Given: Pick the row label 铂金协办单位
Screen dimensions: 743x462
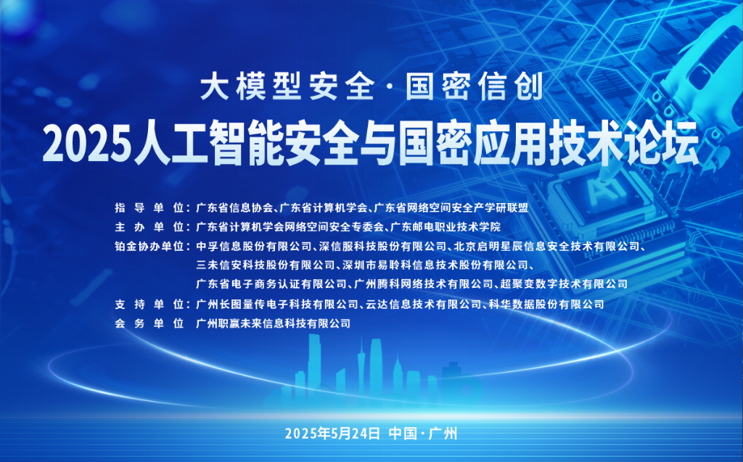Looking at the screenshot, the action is coord(149,247).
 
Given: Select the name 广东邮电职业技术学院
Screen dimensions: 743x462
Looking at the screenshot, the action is coord(445,227).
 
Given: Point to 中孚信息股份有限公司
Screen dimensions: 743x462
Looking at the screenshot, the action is coord(254,247).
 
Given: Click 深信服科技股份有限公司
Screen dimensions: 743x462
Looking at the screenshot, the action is coord(383,247).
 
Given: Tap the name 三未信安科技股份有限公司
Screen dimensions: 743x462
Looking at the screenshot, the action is coord(266,265).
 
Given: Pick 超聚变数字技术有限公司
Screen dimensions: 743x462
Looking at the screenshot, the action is coord(564,284).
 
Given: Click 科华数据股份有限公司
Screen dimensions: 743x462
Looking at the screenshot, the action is coord(546,304).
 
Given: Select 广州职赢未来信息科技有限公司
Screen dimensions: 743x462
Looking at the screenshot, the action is coord(274,323).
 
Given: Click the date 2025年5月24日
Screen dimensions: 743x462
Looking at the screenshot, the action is coord(332,434).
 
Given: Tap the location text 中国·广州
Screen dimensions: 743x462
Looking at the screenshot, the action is coord(423,434).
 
